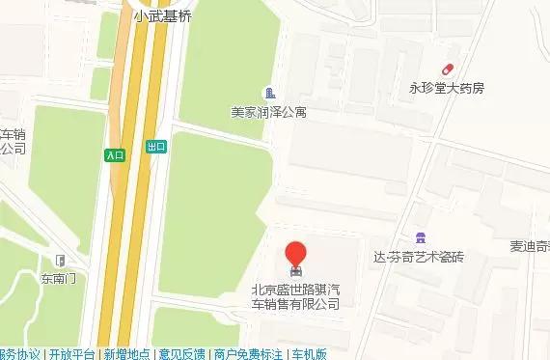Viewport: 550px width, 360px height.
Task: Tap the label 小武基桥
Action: point(163,15)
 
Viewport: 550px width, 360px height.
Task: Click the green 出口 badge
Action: point(156,147)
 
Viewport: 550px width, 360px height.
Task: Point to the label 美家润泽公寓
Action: point(268,112)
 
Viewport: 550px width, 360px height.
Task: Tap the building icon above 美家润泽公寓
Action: point(268,93)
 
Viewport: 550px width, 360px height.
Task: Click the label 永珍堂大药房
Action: point(448,88)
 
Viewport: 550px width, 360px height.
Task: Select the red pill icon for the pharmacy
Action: point(448,69)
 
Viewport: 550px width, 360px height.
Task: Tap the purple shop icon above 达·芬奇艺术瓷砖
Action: point(419,237)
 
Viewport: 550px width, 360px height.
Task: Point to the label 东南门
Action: point(58,279)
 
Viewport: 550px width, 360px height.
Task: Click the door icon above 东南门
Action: point(59,260)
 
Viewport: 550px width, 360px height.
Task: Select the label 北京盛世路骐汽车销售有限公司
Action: point(295,295)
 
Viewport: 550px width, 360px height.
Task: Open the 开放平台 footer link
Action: point(72,353)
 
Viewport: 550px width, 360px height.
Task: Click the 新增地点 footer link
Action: point(126,353)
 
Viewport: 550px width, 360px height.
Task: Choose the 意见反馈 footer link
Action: point(181,353)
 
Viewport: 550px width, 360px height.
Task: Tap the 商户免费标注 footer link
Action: point(248,353)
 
